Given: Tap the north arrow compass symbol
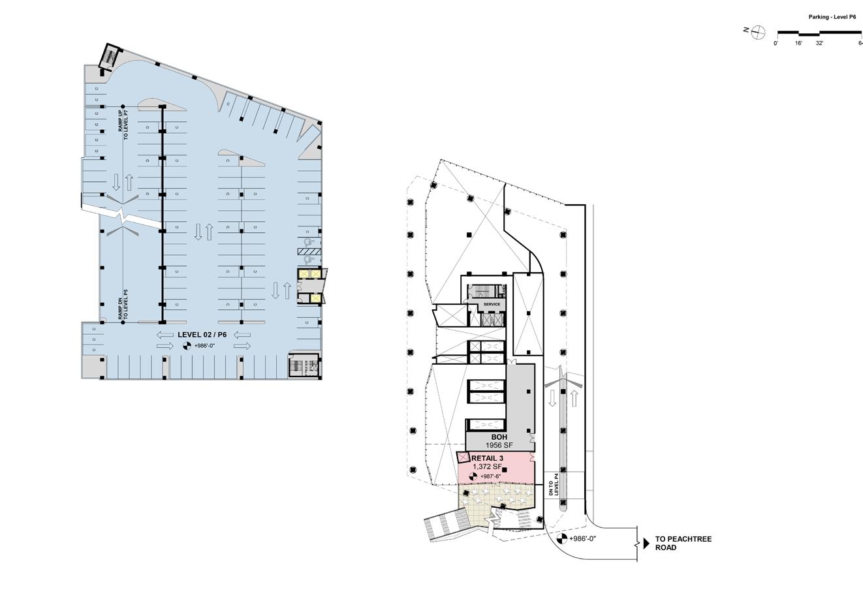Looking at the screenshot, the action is (x=759, y=31).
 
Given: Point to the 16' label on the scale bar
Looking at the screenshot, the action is (x=798, y=43).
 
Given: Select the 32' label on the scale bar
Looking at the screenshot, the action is (x=819, y=43).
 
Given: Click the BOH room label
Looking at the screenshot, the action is (x=499, y=437).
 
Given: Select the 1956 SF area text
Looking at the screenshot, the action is (x=499, y=445).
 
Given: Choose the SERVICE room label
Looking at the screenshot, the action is (x=492, y=304).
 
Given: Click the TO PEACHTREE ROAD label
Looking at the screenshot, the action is (x=683, y=544).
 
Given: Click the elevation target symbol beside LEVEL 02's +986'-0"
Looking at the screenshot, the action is (x=186, y=346).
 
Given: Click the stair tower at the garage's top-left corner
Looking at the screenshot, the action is (x=108, y=55).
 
